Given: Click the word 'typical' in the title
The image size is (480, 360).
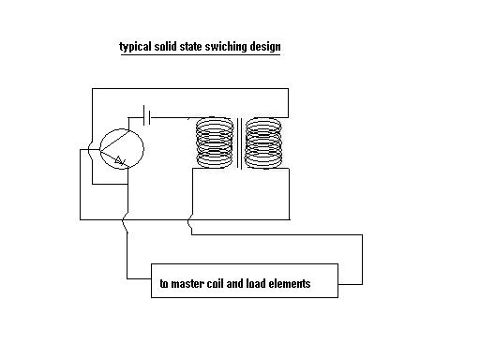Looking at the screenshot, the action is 136,47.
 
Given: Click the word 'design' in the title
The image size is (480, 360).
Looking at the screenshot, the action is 265,47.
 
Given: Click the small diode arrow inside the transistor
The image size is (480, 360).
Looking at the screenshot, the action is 120,160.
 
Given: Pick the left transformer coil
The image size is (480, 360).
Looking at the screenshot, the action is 215,142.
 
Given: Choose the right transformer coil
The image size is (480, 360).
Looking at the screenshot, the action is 263,142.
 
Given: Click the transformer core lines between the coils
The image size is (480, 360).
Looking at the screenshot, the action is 239,143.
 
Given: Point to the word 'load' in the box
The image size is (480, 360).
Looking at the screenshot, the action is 256,283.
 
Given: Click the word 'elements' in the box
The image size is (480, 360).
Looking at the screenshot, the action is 290,284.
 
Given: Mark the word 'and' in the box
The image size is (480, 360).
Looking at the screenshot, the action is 234,283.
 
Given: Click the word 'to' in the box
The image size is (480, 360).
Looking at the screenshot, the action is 164,284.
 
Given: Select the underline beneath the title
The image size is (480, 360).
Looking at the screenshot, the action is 201,55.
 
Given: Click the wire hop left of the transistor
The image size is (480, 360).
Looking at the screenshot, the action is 89,151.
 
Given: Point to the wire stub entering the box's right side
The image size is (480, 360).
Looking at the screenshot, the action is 351,284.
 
